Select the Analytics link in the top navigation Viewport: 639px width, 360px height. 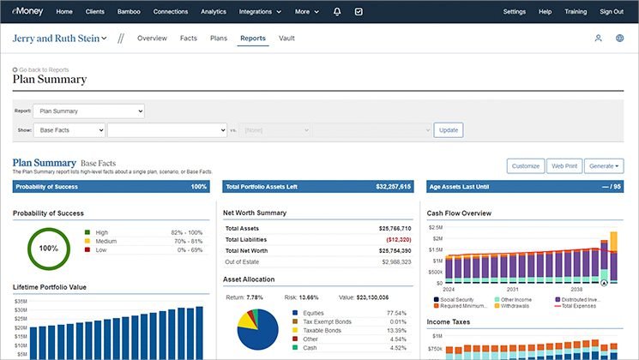pyautogui.click(x=214, y=12)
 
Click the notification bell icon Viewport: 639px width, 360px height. pyautogui.click(x=338, y=12)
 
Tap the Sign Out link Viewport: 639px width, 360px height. pyautogui.click(x=612, y=12)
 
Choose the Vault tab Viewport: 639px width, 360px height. pyautogui.click(x=286, y=39)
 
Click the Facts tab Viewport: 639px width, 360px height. pyautogui.click(x=189, y=39)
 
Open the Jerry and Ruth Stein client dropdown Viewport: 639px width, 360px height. pyautogui.click(x=59, y=39)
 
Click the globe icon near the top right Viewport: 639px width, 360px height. pyautogui.click(x=620, y=39)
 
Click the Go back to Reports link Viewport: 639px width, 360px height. pyautogui.click(x=41, y=69)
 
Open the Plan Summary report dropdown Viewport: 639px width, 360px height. pyautogui.click(x=89, y=111)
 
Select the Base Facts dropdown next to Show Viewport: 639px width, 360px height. pyautogui.click(x=69, y=130)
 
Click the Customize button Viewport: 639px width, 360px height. pyautogui.click(x=525, y=166)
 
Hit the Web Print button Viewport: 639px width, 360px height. pyautogui.click(x=564, y=166)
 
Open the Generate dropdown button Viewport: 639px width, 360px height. pyautogui.click(x=604, y=166)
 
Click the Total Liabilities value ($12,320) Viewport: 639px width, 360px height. pyautogui.click(x=395, y=240)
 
